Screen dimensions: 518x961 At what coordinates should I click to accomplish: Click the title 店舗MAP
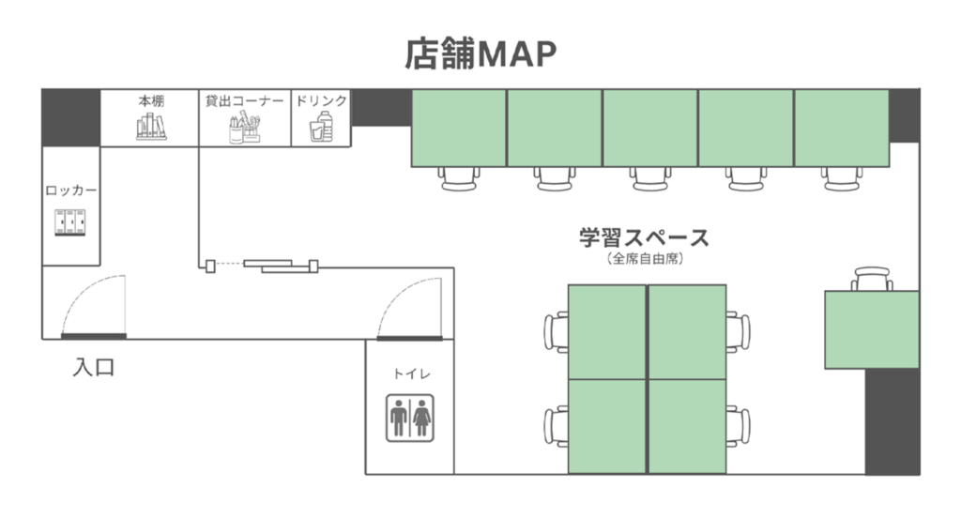pyautogui.click(x=480, y=54)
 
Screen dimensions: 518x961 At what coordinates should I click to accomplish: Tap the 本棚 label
pyautogui.click(x=150, y=100)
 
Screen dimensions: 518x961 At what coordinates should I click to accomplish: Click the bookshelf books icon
pyautogui.click(x=150, y=127)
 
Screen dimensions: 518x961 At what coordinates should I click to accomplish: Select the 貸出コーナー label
pyautogui.click(x=245, y=100)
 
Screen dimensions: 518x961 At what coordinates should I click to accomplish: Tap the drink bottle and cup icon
pyautogui.click(x=321, y=128)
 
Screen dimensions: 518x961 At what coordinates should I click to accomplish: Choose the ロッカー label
pyautogui.click(x=71, y=190)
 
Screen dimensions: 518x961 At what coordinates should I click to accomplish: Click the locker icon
pyautogui.click(x=71, y=222)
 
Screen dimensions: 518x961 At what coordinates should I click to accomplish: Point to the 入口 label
pyautogui.click(x=94, y=367)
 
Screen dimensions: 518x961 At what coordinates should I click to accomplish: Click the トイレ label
pyautogui.click(x=411, y=373)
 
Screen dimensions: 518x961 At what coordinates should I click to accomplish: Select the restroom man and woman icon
pyautogui.click(x=411, y=418)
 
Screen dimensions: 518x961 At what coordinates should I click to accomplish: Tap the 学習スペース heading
pyautogui.click(x=644, y=237)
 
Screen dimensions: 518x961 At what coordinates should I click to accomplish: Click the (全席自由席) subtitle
pyautogui.click(x=644, y=258)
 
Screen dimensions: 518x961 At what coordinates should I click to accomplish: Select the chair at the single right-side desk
pyautogui.click(x=873, y=279)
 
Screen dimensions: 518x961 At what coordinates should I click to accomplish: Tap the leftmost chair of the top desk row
pyautogui.click(x=460, y=178)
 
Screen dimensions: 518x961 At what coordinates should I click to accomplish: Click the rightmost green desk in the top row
pyautogui.click(x=841, y=128)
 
